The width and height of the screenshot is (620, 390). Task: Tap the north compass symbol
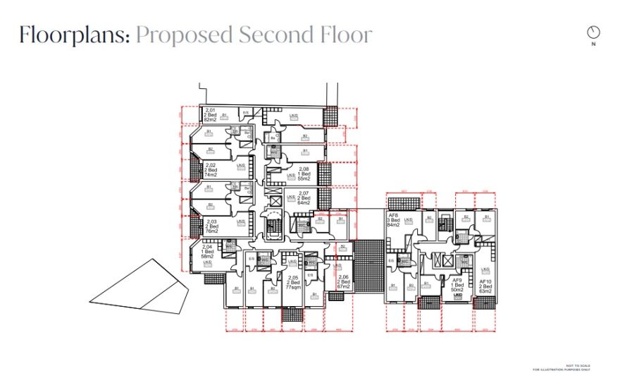pyautogui.click(x=593, y=32)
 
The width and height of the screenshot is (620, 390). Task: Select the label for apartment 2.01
pyautogui.click(x=210, y=116)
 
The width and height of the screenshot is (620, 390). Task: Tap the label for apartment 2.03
pyautogui.click(x=211, y=226)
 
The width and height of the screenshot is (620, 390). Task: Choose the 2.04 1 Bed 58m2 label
pyautogui.click(x=207, y=252)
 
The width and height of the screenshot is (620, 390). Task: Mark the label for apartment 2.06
pyautogui.click(x=343, y=282)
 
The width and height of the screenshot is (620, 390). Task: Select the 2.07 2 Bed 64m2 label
pyautogui.click(x=304, y=197)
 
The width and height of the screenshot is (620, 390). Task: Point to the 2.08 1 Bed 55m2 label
pyautogui.click(x=304, y=174)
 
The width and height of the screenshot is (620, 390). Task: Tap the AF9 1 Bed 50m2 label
pyautogui.click(x=457, y=285)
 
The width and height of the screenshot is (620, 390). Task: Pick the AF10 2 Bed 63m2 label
pyautogui.click(x=485, y=285)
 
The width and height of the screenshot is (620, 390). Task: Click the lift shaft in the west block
pyautogui.click(x=274, y=202)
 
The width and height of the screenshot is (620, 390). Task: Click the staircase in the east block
pyautogui.click(x=444, y=260)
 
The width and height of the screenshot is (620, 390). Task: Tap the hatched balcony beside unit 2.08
pyautogui.click(x=325, y=173)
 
